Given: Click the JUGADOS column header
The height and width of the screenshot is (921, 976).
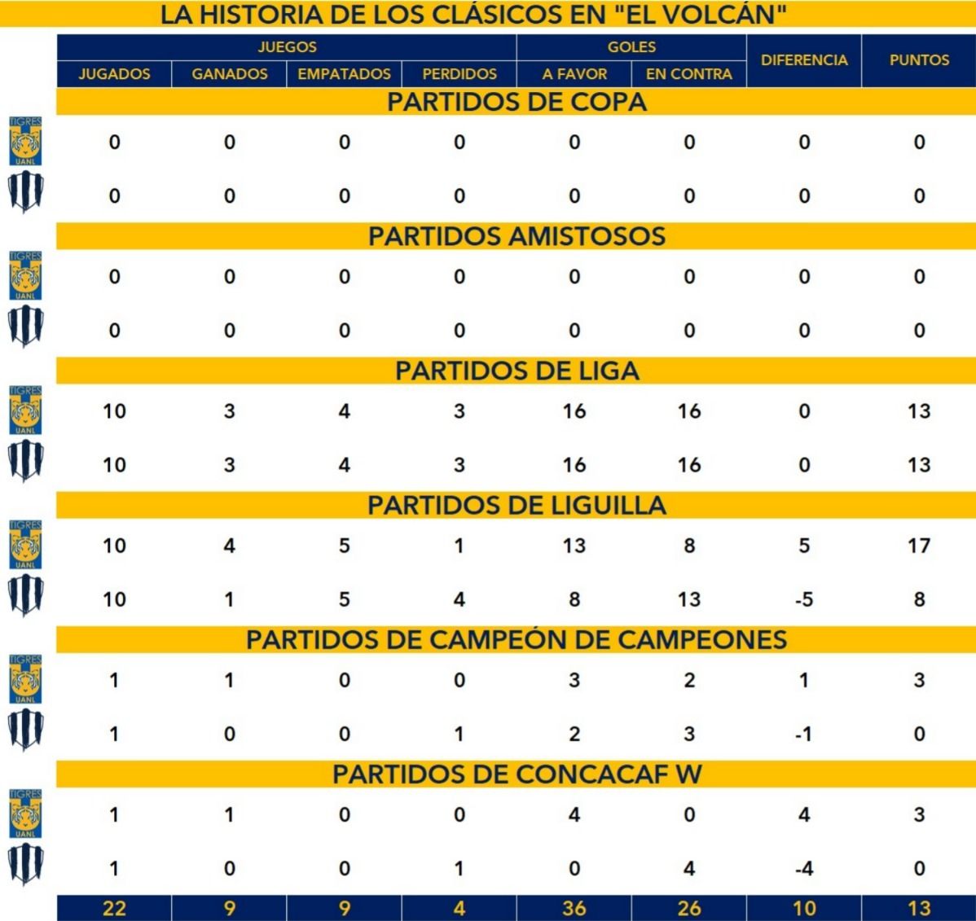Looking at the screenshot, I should point(114,74).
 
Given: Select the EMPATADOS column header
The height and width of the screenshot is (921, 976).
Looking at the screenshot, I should point(344,74).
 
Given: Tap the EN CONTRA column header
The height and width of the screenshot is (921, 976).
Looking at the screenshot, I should point(689,74).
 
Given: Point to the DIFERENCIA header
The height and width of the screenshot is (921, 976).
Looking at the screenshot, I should point(804,60).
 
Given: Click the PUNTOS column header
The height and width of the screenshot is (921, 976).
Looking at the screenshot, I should point(919,60).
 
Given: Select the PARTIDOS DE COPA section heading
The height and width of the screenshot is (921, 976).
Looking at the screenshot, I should point(517,102).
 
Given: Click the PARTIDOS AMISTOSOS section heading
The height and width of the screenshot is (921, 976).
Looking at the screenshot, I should point(517,236).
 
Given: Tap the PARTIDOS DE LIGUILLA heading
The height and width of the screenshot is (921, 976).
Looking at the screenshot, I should point(517,505).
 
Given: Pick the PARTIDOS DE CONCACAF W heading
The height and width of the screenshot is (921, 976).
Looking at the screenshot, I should point(517,774).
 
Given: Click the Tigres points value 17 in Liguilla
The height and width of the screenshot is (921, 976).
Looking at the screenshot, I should point(919,546).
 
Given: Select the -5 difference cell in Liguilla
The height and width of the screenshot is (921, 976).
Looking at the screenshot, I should point(804,599).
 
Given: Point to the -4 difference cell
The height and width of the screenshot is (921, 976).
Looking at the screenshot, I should point(804,868).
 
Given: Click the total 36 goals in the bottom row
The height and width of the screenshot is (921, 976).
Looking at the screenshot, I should point(574,908).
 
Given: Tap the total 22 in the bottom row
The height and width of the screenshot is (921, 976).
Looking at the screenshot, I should point(114,908).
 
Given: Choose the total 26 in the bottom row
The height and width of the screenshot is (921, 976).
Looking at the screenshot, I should point(689,908).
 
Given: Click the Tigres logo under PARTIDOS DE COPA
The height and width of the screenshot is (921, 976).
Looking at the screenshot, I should point(25,141).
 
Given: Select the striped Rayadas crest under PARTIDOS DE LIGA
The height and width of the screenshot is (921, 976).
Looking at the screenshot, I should point(25,463).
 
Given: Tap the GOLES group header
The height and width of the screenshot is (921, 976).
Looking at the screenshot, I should point(631,47).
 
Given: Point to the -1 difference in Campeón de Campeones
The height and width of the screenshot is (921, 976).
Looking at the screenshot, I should point(804,734).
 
